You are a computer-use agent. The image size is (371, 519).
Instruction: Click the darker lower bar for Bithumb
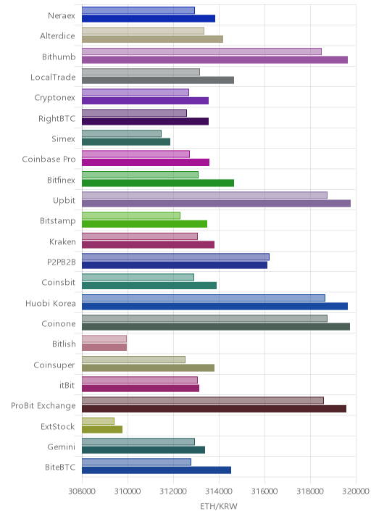click(214, 60)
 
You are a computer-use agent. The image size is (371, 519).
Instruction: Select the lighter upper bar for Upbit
click(204, 195)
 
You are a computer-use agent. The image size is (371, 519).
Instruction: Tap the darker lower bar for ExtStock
click(102, 429)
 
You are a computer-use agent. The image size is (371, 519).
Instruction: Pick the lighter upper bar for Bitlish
click(104, 339)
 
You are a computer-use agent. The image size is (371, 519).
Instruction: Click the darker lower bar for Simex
click(126, 142)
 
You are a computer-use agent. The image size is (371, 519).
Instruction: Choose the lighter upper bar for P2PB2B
click(176, 257)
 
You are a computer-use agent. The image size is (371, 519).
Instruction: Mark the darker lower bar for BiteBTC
click(157, 470)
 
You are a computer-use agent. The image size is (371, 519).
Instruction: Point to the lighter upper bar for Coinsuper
click(134, 360)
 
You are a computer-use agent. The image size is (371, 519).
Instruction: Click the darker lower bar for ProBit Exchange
click(214, 409)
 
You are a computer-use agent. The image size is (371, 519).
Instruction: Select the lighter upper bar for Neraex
click(138, 11)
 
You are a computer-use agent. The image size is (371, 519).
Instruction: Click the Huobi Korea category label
click(51, 304)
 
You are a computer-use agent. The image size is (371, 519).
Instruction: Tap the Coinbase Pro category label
click(49, 159)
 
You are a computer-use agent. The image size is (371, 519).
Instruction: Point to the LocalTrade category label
click(53, 77)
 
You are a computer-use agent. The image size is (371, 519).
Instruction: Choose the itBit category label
click(67, 386)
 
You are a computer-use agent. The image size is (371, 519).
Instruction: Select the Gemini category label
click(62, 447)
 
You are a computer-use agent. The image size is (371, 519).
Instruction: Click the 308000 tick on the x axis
click(82, 491)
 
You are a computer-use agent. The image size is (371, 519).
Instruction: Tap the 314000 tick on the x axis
click(219, 491)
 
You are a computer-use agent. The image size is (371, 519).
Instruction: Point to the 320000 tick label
click(356, 491)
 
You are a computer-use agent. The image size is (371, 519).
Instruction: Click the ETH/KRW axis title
click(219, 506)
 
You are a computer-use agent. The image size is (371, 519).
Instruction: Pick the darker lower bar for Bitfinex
click(158, 183)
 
